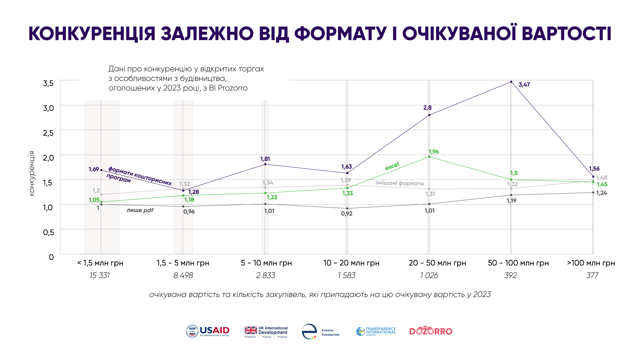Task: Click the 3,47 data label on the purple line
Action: (524, 85)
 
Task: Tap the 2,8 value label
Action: (427, 108)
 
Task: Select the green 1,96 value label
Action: (433, 152)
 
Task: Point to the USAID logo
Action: (208, 331)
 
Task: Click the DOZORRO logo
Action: (431, 331)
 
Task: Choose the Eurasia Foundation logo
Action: (320, 332)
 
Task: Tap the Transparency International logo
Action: (376, 331)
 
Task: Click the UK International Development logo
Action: (266, 332)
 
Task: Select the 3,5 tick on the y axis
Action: (48, 83)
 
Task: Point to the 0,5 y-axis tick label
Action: (48, 232)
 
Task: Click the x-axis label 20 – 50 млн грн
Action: (437, 263)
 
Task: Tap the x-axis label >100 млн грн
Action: (591, 263)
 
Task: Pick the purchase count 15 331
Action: (100, 275)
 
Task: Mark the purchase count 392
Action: (510, 275)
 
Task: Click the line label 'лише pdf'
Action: (140, 210)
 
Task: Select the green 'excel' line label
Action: (392, 166)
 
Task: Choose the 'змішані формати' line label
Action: (399, 183)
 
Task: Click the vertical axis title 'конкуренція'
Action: (32, 173)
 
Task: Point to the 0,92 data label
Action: (347, 214)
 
